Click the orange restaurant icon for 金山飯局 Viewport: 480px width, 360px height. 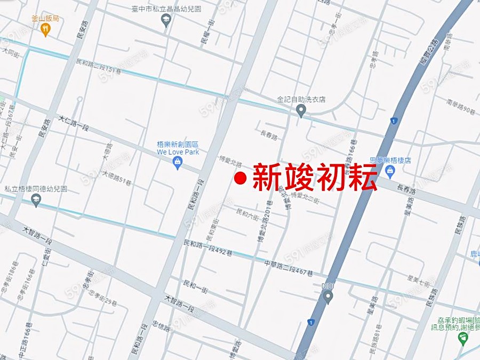pyautogui.click(x=45, y=30)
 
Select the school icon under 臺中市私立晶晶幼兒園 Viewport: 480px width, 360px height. pyautogui.click(x=166, y=20)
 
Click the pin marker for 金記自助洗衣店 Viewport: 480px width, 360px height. pyautogui.click(x=301, y=110)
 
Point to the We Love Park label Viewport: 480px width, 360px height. pyautogui.click(x=178, y=152)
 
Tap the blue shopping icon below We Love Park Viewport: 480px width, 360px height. pyautogui.click(x=178, y=163)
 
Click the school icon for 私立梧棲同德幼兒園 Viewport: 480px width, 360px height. pyautogui.click(x=36, y=200)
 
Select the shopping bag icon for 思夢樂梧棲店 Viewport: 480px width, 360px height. pyautogui.click(x=390, y=171)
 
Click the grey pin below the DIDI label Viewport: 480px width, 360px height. pyautogui.click(x=328, y=297)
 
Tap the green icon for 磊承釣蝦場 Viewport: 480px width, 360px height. pyautogui.click(x=463, y=338)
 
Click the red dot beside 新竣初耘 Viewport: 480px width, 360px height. pyautogui.click(x=241, y=178)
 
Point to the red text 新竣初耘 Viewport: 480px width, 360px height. pyautogui.click(x=315, y=178)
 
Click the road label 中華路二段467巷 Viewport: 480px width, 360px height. pyautogui.click(x=288, y=267)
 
